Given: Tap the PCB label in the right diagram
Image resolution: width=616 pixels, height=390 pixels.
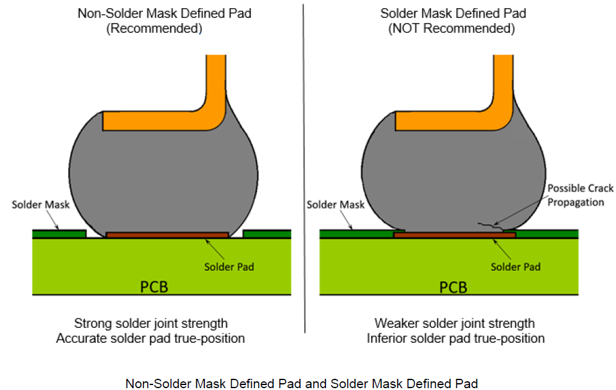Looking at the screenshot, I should click(x=453, y=287).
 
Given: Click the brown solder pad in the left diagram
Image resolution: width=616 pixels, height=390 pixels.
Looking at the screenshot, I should click(x=167, y=235).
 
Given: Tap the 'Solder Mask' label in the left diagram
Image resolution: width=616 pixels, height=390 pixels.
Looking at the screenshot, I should click(x=40, y=204).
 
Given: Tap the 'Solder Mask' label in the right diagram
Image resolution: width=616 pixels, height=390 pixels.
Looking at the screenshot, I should click(x=336, y=204).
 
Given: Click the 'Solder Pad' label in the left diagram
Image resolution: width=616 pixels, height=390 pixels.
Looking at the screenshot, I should click(x=229, y=267).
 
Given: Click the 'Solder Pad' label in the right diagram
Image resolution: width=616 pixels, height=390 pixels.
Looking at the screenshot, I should click(x=515, y=267).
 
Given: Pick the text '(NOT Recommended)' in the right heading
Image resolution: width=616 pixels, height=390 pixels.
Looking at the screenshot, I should click(x=451, y=29).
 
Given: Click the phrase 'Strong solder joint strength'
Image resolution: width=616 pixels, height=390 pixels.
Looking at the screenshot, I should click(x=151, y=324).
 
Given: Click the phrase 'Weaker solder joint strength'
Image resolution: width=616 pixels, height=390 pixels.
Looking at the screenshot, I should click(x=455, y=324).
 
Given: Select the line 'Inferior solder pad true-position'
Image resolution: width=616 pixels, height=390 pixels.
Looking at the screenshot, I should click(x=456, y=338).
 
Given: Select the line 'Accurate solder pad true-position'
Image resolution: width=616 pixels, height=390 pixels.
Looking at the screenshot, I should click(x=151, y=338).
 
